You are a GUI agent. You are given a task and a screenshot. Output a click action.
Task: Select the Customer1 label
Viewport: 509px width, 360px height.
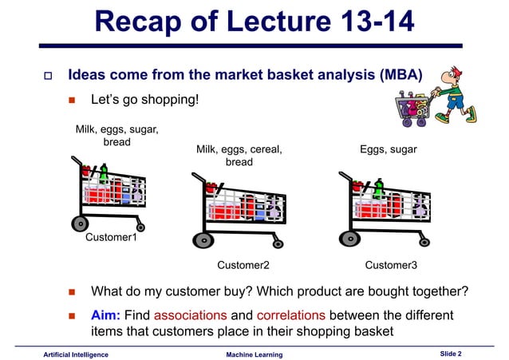click(111, 237)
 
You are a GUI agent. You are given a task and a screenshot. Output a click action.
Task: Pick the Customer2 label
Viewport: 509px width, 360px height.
click(243, 264)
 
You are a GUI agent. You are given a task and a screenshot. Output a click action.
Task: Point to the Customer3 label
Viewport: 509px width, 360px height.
click(391, 264)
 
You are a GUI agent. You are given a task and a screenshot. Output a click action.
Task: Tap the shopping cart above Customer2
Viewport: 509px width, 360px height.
click(243, 211)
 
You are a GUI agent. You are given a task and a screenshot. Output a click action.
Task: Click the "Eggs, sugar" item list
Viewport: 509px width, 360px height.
click(389, 149)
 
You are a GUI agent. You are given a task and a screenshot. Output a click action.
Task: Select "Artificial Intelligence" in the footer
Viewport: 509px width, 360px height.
click(77, 353)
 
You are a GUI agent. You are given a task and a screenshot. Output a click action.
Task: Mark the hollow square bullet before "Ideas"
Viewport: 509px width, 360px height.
click(47, 77)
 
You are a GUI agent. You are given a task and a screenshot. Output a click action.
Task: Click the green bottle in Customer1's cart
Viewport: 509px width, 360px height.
click(104, 172)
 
